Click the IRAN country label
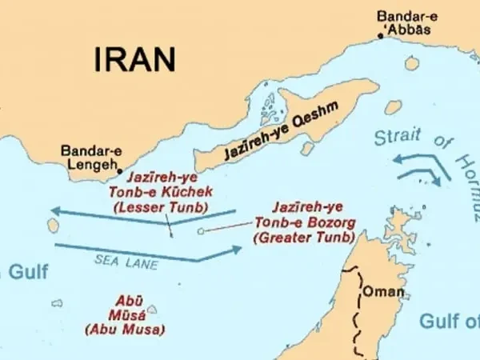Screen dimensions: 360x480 pyautogui.click(x=134, y=58)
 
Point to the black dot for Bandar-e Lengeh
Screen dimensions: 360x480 pyautogui.click(x=120, y=170)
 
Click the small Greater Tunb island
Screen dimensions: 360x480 pyautogui.click(x=200, y=232)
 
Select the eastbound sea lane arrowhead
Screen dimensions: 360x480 pyautogui.click(x=237, y=250)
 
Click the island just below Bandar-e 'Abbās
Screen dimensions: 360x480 pyautogui.click(x=411, y=62)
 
